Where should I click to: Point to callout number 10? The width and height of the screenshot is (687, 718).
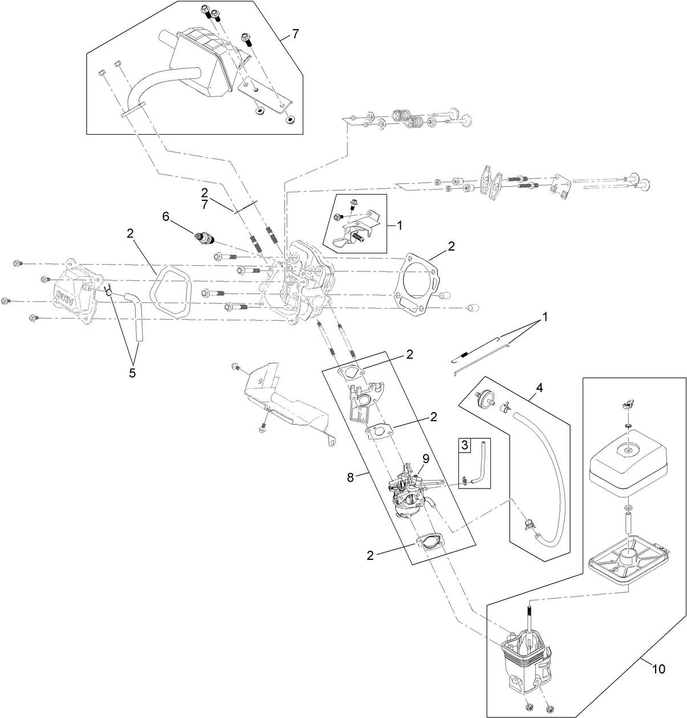[x=658, y=669]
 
